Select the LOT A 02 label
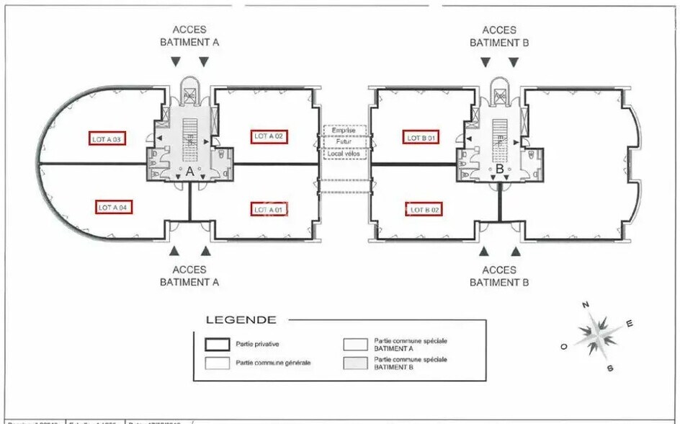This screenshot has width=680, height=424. [270, 136]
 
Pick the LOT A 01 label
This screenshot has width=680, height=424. [269, 209]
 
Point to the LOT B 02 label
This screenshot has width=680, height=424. [425, 209]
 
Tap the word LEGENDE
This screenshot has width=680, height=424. [240, 319]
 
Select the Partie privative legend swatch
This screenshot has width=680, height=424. [218, 345]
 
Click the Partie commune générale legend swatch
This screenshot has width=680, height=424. [218, 362]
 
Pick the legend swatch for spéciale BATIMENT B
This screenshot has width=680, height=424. [357, 362]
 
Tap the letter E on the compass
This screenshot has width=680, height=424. [630, 324]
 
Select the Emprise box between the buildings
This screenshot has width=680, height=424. [344, 131]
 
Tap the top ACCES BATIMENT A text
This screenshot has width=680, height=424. [189, 36]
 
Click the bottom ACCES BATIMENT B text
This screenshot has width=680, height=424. [499, 276]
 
